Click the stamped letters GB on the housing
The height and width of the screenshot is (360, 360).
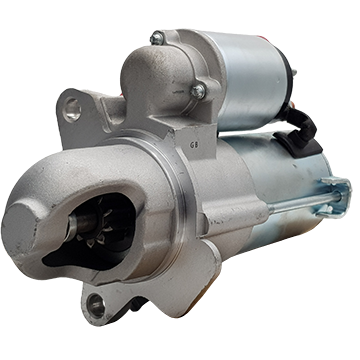click(194, 145)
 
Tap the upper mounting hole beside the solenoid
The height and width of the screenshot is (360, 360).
click(72, 109)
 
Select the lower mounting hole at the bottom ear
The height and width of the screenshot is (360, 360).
click(96, 305)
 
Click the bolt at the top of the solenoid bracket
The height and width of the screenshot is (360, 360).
click(156, 38)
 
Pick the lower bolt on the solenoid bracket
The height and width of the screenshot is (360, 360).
click(199, 91)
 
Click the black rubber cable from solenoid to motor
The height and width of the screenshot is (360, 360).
click(302, 122)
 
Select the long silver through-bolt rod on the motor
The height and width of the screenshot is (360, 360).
click(304, 202)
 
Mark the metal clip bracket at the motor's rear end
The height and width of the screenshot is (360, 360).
click(335, 197)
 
